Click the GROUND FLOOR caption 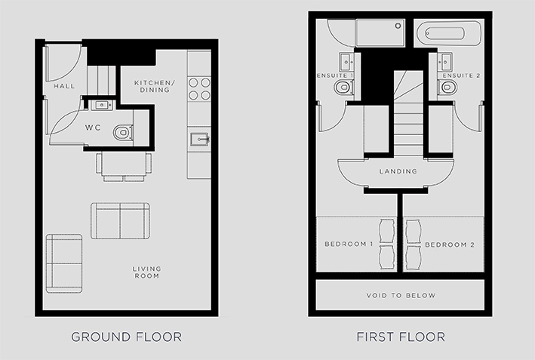(x=126, y=337)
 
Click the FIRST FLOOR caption (x=401, y=337)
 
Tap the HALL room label (x=64, y=86)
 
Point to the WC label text (x=93, y=128)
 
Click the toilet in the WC (x=123, y=132)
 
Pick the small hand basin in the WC (x=102, y=105)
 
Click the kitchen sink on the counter (x=199, y=139)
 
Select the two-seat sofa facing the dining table (x=120, y=221)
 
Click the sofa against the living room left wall (x=64, y=263)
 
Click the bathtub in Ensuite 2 (x=448, y=33)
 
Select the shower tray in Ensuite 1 (x=380, y=32)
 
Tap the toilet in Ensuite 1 (x=343, y=87)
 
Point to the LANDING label (x=398, y=171)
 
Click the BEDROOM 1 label (x=349, y=244)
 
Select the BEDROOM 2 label (x=450, y=245)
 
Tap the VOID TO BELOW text (x=401, y=295)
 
